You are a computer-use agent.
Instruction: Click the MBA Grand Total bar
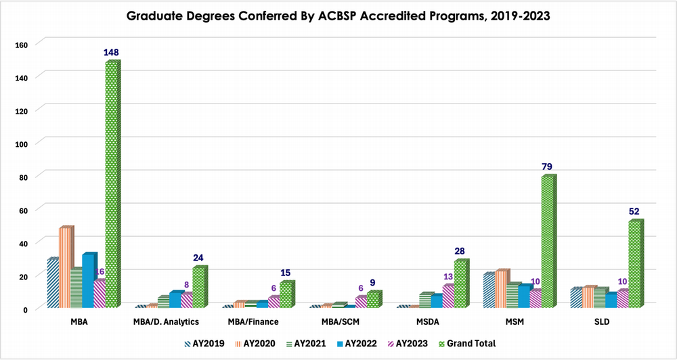[x=112, y=183]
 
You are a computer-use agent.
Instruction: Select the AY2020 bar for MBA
[x=65, y=267]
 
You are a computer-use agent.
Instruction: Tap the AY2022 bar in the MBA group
[x=89, y=280]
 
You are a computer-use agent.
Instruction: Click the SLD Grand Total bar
[x=634, y=264]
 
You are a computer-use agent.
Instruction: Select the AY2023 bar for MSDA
[x=447, y=296]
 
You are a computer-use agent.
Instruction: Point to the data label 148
[x=112, y=53]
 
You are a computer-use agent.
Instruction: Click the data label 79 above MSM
[x=548, y=166]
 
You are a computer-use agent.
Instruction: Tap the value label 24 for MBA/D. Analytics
[x=199, y=258]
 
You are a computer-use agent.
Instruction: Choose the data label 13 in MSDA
[x=448, y=277]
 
